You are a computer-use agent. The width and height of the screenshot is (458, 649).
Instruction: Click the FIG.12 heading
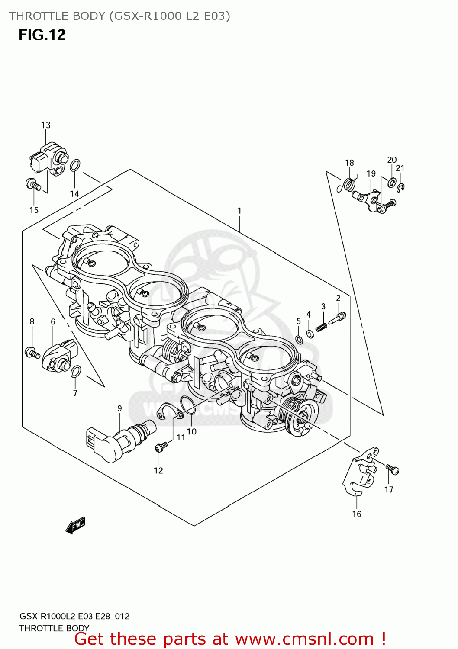coord(42,35)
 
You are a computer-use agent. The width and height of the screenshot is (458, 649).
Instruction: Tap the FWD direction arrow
coord(75,526)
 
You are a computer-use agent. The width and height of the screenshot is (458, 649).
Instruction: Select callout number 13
coord(45,125)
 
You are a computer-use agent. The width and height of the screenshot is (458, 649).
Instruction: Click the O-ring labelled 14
coord(75,165)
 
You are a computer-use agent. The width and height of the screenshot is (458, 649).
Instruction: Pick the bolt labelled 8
coord(32,352)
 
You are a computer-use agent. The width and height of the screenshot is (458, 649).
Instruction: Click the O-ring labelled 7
coord(75,371)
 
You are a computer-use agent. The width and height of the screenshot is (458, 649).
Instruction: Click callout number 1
coord(239,211)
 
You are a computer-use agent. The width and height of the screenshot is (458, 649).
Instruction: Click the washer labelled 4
coord(310,334)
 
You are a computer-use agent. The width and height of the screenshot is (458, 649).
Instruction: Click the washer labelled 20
coord(392,182)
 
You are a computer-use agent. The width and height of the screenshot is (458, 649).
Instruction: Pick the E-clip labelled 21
coord(401,187)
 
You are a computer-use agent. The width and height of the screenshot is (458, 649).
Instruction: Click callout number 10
coord(191,431)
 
